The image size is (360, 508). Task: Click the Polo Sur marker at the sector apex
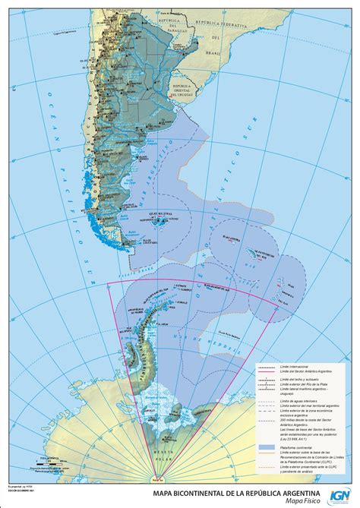[156, 478]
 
